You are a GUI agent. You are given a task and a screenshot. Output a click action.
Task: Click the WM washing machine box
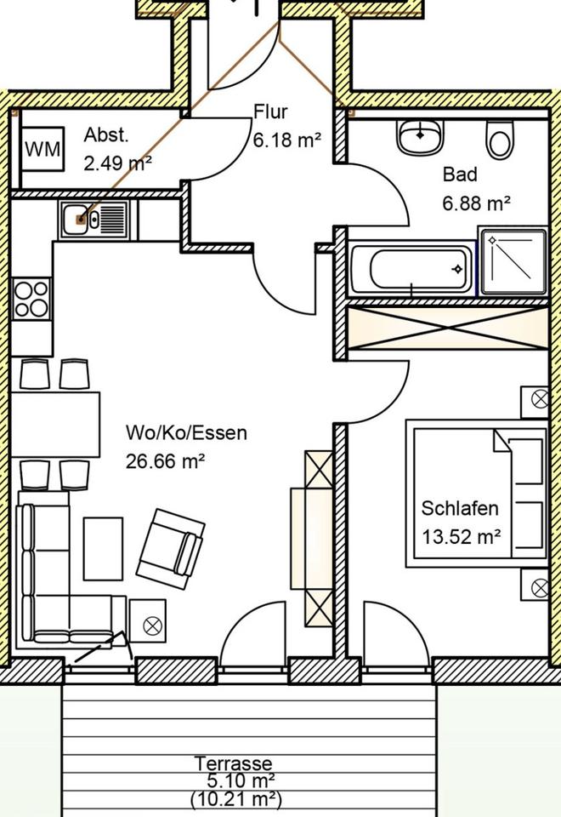tap(42, 149)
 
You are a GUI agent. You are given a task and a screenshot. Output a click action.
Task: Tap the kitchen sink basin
tap(82, 219)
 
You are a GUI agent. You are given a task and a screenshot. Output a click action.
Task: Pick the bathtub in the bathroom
tap(411, 270)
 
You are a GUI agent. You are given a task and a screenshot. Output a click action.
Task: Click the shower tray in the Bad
tap(513, 260)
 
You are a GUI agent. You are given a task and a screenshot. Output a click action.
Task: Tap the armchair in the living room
tap(176, 546)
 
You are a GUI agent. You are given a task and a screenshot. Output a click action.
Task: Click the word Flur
tap(271, 112)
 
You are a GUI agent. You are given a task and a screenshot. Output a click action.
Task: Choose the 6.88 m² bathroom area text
tap(476, 203)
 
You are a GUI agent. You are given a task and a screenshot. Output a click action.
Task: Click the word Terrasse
tap(233, 763)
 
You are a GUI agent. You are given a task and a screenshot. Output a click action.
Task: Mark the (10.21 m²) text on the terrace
tap(235, 800)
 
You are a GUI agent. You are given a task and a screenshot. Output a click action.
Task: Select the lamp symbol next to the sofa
tap(152, 626)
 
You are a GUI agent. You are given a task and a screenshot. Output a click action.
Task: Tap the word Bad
tap(460, 174)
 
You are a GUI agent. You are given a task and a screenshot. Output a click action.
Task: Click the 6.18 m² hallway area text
tap(286, 140)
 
